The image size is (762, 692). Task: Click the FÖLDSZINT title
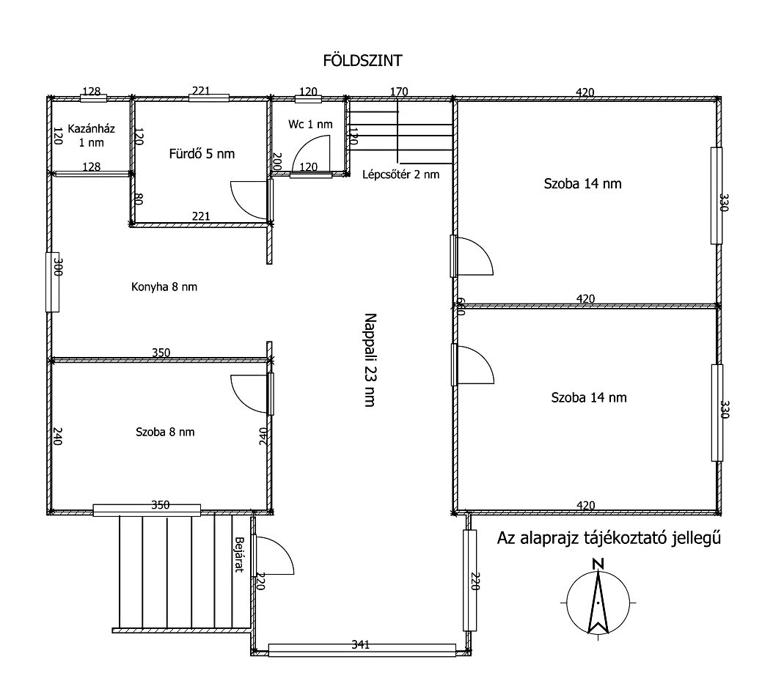(x=362, y=60)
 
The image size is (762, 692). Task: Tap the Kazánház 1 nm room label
(x=92, y=136)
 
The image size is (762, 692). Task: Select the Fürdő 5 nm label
(x=202, y=154)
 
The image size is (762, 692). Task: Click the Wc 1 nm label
(x=310, y=125)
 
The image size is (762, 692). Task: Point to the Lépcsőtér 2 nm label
(x=401, y=174)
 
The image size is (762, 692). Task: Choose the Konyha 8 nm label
(x=164, y=287)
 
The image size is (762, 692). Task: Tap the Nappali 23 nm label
(x=370, y=360)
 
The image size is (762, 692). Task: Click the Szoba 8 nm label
(x=165, y=432)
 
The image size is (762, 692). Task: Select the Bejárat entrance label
(x=238, y=554)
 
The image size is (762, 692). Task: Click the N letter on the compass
(x=598, y=564)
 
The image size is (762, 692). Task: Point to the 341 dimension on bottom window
(x=361, y=644)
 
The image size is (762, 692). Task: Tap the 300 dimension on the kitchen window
(x=58, y=267)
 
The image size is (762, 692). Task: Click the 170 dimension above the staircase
(x=399, y=92)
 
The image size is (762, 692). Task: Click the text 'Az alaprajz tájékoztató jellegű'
(x=609, y=538)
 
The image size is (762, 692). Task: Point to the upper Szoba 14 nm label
(x=582, y=183)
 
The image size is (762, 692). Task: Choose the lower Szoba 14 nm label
(x=589, y=398)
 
